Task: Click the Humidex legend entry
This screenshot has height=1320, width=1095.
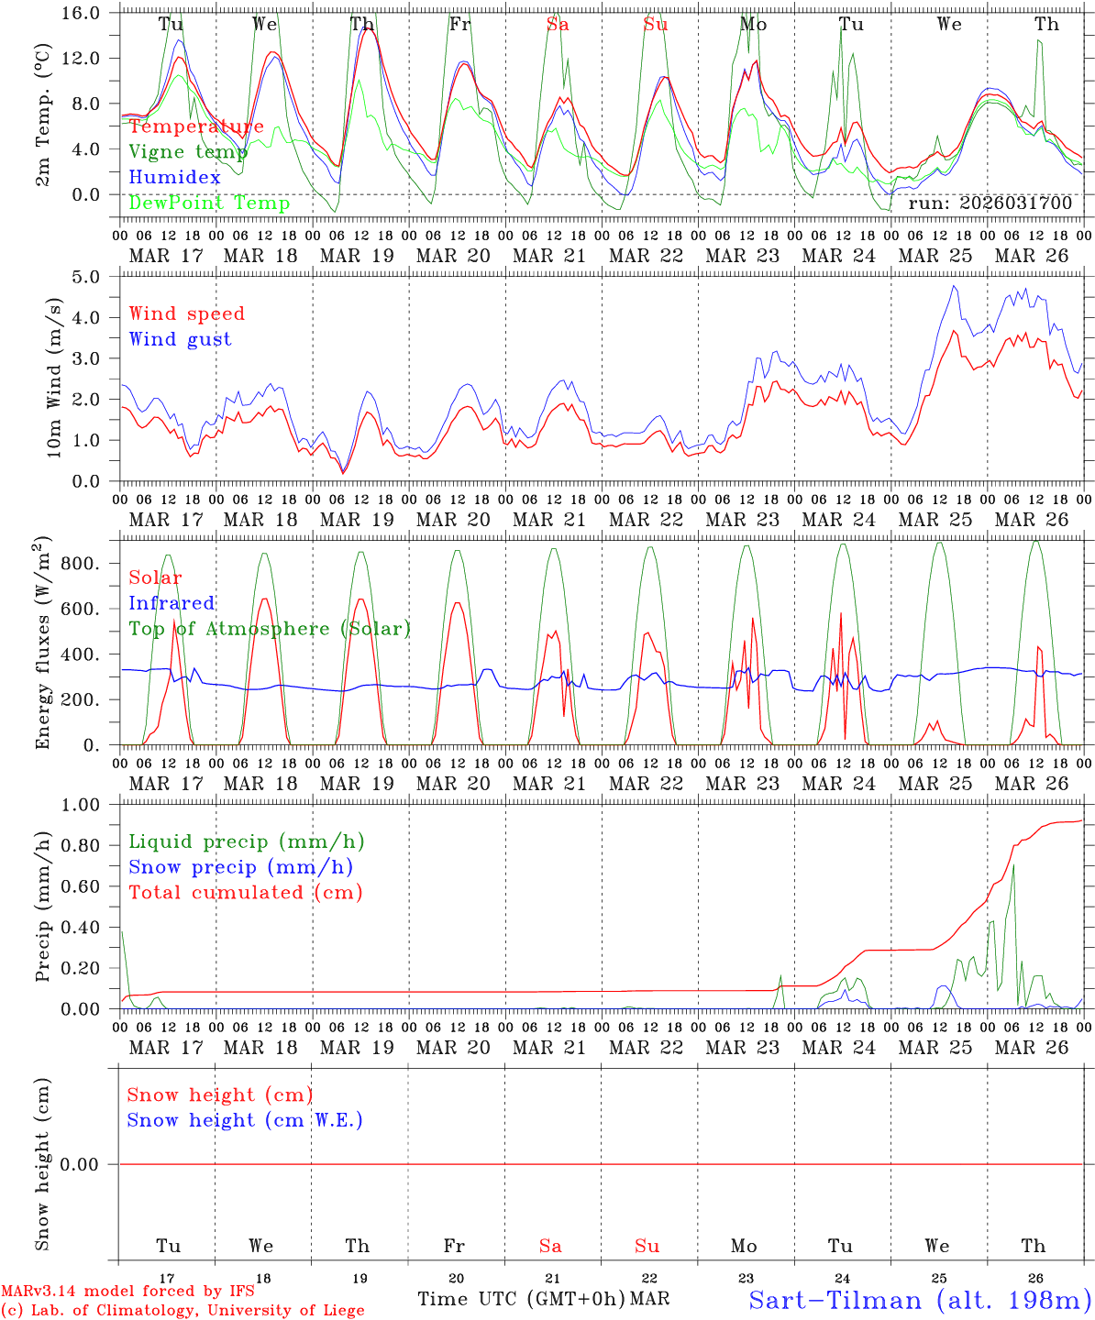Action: [174, 178]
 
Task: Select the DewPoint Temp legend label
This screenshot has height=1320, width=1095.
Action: [209, 203]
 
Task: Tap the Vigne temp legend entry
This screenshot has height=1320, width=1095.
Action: [188, 152]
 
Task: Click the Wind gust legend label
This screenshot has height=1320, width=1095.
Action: [180, 339]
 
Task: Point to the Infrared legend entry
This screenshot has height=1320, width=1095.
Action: [171, 603]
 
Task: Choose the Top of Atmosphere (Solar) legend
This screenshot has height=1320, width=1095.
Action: [270, 629]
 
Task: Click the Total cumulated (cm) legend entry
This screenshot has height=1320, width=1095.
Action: [245, 892]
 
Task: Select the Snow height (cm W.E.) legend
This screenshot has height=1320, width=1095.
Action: [245, 1120]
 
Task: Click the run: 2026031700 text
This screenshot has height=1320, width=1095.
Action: [990, 203]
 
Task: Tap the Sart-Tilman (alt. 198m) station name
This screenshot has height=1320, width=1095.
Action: [919, 1300]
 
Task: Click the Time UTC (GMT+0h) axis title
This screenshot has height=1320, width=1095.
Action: [521, 1299]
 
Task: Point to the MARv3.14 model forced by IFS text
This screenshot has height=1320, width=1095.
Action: [127, 1292]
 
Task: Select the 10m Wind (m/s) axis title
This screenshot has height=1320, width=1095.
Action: [54, 378]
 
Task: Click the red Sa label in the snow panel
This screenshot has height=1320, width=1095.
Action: [550, 1246]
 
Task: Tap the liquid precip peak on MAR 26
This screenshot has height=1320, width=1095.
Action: [1013, 865]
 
